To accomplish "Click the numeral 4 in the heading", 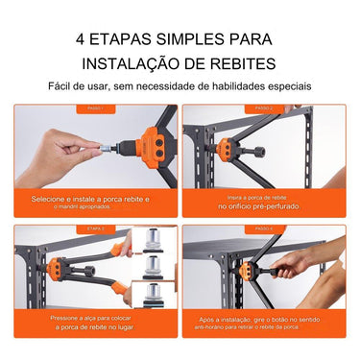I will coord(81,40).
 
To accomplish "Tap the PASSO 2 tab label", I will coord(264,108).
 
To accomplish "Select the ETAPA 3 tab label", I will coord(95,229).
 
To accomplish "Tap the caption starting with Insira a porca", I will coord(264,199).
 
